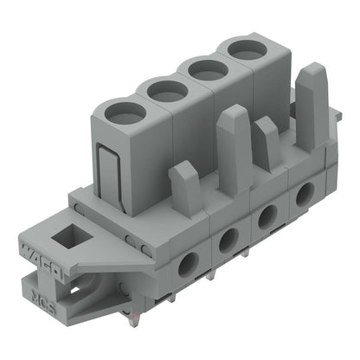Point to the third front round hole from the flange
coord(267,215)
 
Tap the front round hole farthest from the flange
coord(304,194)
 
